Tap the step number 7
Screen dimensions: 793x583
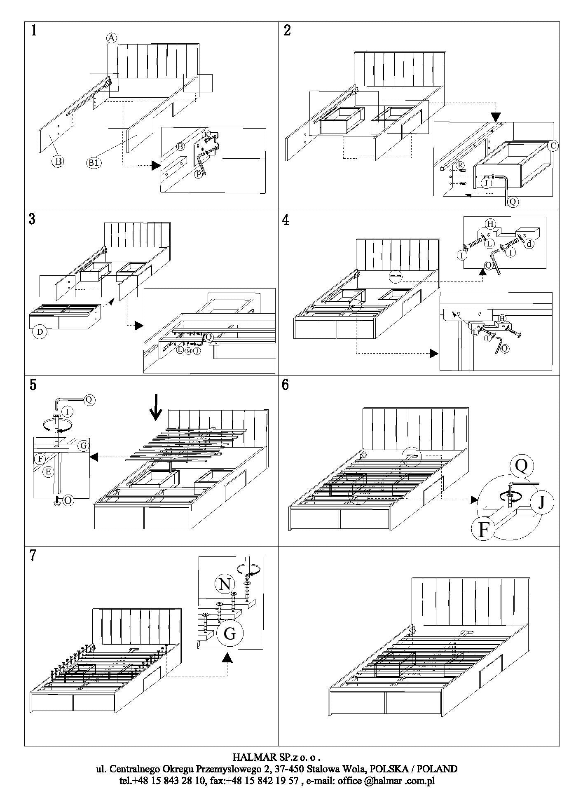point(33,556)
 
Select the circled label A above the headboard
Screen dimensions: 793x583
point(111,38)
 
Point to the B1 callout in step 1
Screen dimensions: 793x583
point(94,162)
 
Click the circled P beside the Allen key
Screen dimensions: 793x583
point(199,174)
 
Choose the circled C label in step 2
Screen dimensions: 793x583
point(553,145)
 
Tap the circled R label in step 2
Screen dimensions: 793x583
point(461,165)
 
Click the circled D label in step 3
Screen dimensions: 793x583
point(40,332)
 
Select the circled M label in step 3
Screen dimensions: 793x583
point(188,351)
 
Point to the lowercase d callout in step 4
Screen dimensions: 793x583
point(529,244)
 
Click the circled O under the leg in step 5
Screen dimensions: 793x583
point(68,500)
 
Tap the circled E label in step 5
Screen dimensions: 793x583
point(48,472)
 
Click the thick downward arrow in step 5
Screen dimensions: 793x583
point(156,408)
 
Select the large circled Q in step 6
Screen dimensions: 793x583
point(521,466)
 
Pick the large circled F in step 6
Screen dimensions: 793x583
point(483,530)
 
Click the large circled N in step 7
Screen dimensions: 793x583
point(225,584)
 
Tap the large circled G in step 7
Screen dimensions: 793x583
point(229,633)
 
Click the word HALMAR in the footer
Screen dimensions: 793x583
point(250,757)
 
